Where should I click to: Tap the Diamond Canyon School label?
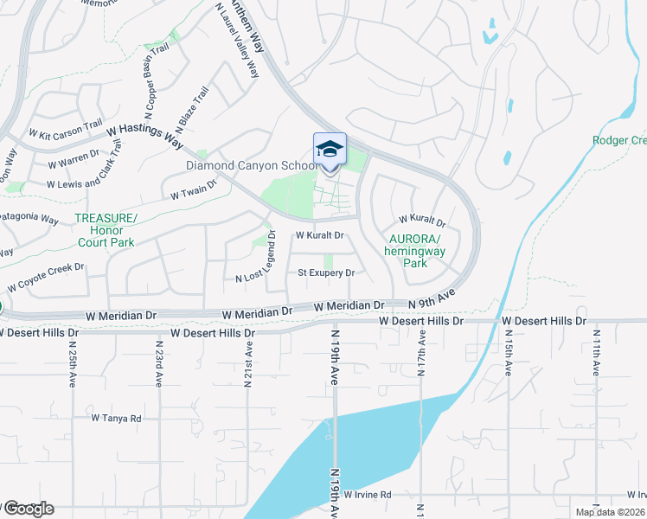251,166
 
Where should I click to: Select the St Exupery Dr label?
326,273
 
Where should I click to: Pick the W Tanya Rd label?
116,418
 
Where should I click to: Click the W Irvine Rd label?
368,495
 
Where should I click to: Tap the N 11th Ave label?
596,352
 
